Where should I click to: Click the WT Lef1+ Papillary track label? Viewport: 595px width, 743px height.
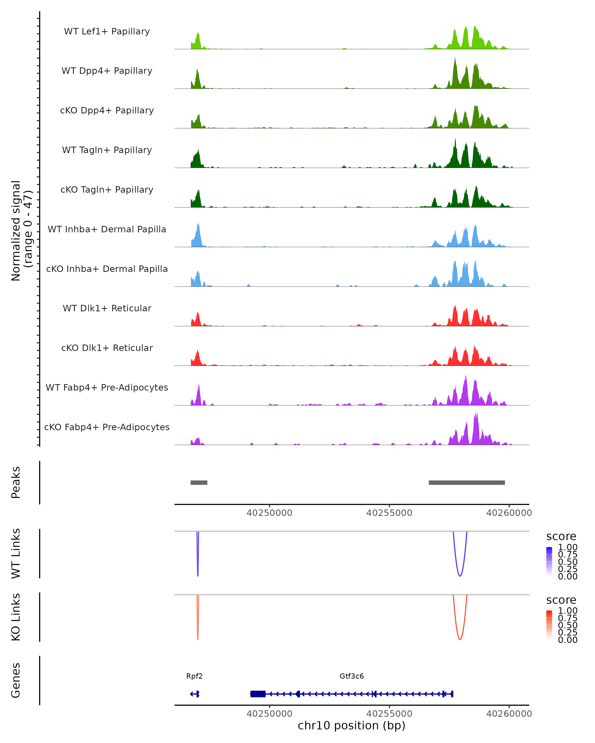coord(107,31)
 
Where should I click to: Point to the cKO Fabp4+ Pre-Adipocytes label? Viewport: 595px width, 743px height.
coord(107,427)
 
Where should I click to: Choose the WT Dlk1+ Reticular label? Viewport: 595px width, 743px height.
coord(107,308)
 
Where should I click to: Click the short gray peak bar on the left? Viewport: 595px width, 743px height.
coord(199,482)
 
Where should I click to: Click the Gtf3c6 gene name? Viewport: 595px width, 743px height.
coord(352,676)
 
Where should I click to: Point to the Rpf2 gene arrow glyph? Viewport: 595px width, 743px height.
coord(195,694)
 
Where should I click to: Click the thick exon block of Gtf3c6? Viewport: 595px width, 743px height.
coord(258,694)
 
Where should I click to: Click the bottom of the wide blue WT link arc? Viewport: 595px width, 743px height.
coord(460,576)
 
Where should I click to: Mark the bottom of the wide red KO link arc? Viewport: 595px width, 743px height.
coord(460,639)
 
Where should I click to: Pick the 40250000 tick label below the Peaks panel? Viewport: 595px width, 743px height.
coord(269,513)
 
